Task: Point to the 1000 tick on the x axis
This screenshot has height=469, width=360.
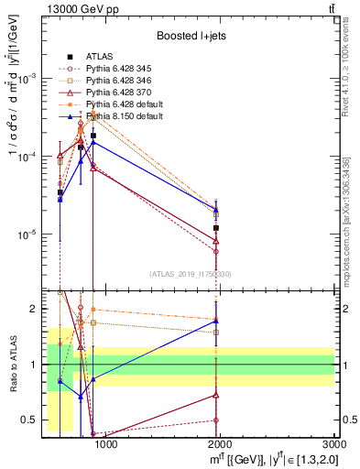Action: pos(106,446)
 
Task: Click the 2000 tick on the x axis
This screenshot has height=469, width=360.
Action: pos(221,446)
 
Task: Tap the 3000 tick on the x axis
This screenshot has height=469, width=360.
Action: pos(334,446)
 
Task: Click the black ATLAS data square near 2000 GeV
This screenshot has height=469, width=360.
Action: pos(216,227)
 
